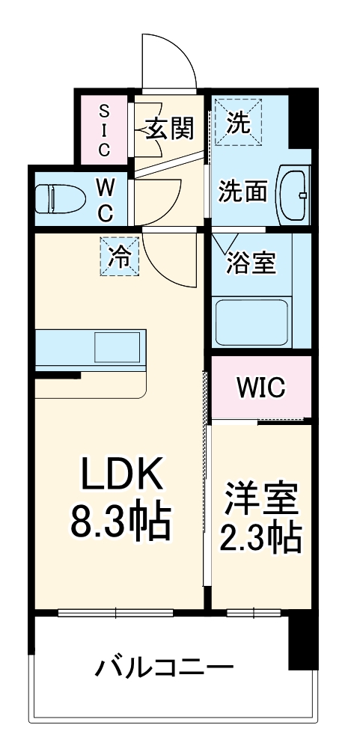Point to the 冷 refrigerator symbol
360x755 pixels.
pos(120,257)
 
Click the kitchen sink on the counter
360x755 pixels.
pos(118,347)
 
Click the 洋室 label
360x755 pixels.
pos(260,498)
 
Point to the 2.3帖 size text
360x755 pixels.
pos(260,537)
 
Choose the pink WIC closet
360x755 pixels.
pos(260,388)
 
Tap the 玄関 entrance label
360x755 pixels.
pos(169,129)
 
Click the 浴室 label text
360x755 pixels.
pos(251,263)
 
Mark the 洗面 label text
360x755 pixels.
pos(242,192)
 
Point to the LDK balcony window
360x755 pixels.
pos(117,614)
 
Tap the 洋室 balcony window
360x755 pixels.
pos(254,614)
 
